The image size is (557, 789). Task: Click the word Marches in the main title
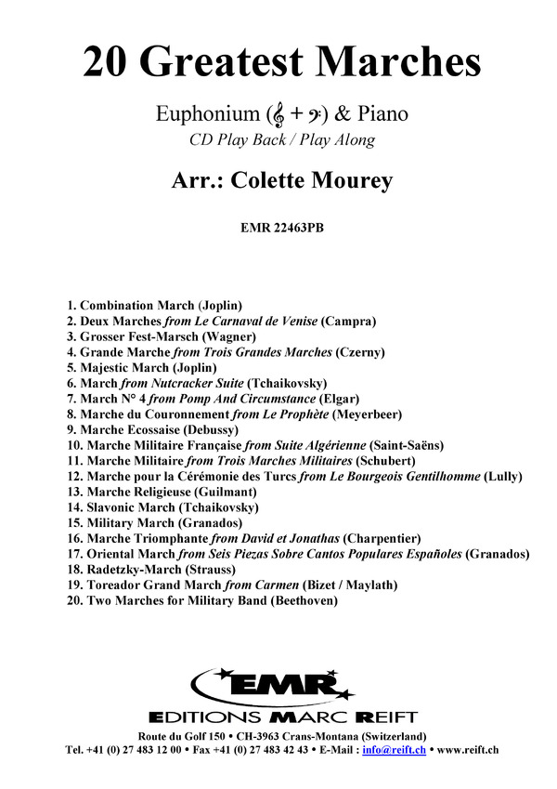coord(399,62)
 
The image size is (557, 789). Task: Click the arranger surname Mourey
coord(343,181)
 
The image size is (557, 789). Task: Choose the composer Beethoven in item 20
coord(304,601)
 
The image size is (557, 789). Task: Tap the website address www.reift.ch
coord(468,748)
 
